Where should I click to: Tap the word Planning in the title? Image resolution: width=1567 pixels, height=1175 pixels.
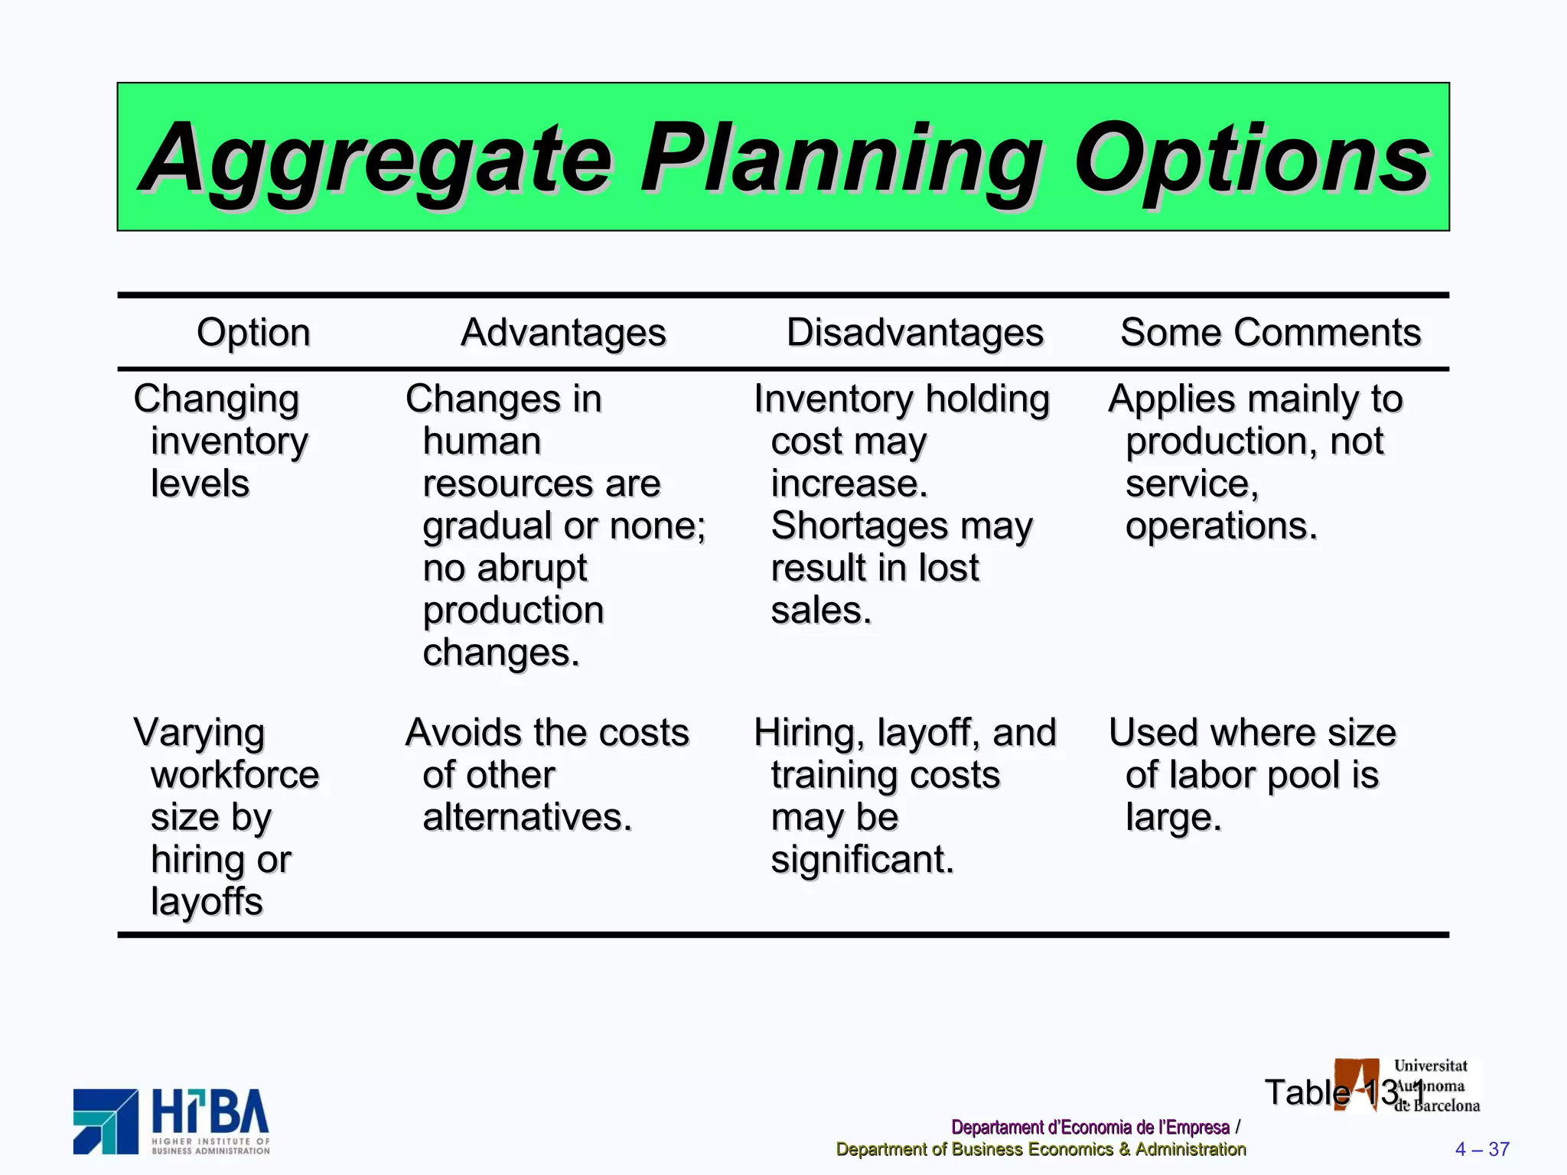pos(842,159)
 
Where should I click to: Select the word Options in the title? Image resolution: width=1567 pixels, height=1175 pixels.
pos(1252,159)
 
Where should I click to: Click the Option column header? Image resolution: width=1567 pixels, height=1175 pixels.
pos(253,333)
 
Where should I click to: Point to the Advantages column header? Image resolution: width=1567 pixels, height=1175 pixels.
pos(563,333)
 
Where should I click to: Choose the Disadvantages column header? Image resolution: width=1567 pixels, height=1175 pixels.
pos(915,333)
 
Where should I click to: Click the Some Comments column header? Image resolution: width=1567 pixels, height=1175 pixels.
pos(1270,333)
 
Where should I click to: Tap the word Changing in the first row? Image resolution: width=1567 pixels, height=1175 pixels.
pos(217,400)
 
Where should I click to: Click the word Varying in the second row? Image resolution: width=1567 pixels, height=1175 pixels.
pos(199,734)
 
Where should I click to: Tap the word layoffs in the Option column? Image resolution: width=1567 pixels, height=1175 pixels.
pos(207,902)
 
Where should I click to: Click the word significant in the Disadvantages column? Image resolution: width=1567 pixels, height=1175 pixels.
pos(862,860)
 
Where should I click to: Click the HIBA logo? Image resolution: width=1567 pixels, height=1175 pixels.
pos(171,1121)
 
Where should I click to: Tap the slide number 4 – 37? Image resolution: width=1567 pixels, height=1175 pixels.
pos(1481,1149)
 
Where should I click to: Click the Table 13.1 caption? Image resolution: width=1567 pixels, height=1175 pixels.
pos(1344,1092)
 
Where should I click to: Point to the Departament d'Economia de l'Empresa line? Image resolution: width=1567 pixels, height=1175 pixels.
pos(1090,1128)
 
